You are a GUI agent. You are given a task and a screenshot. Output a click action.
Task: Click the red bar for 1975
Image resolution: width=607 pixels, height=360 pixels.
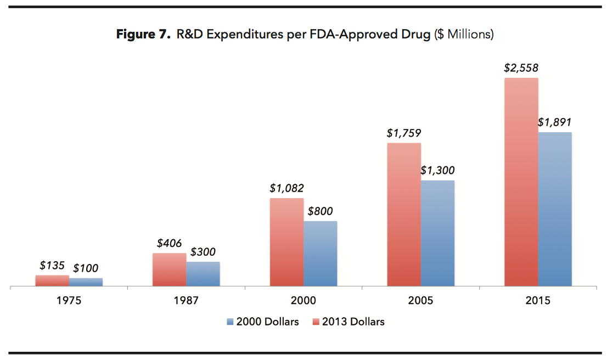[x=52, y=280]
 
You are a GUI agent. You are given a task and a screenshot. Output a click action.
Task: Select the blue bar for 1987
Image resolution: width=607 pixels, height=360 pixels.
[x=203, y=274]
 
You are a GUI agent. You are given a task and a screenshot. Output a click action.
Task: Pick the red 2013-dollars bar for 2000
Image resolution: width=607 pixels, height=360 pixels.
[x=286, y=242]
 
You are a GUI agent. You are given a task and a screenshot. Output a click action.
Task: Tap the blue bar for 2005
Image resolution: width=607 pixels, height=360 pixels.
[x=437, y=233]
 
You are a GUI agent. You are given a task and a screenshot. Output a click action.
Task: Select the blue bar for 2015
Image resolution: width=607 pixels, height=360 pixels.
[x=555, y=209]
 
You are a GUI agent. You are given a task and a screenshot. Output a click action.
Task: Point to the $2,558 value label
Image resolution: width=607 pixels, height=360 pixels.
[x=521, y=69]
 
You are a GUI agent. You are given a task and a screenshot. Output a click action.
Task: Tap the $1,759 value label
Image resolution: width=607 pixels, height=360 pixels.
[x=404, y=133]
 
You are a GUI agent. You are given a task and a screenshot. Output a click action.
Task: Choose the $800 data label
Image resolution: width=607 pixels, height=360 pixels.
[x=320, y=211]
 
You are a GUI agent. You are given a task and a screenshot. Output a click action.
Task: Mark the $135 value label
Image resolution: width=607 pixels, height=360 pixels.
[x=52, y=266]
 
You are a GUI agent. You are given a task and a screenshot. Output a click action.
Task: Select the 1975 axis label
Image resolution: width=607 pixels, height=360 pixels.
[x=69, y=301]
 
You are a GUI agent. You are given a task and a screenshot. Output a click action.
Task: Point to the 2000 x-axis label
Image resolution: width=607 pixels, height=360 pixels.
[x=303, y=301]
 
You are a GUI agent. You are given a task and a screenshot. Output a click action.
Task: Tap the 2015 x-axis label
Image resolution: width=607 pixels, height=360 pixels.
[x=537, y=301]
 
